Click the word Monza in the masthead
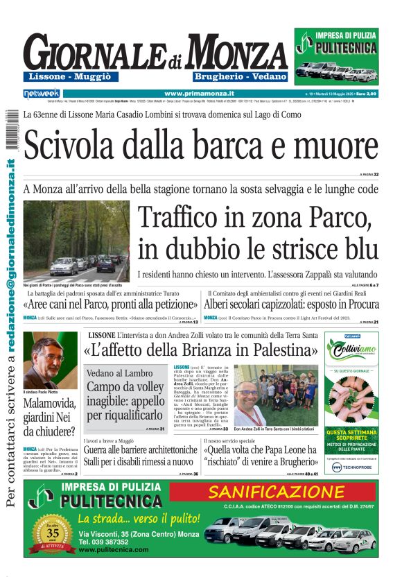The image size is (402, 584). click(x=227, y=53)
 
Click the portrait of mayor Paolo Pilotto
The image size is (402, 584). click(x=46, y=361)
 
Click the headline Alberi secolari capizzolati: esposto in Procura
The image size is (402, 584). click(x=292, y=304)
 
